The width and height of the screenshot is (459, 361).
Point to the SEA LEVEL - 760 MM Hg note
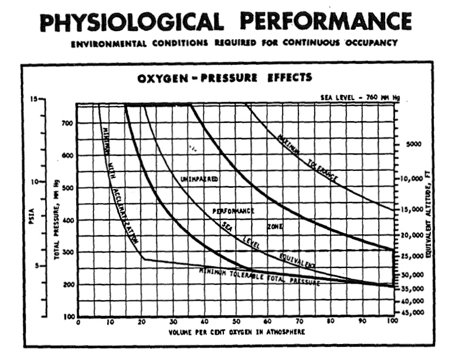[x=368, y=97]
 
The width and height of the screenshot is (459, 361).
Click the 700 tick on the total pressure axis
[x=67, y=124]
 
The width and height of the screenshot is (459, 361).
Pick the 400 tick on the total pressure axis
[x=67, y=221]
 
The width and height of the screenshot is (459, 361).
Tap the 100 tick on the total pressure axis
[x=68, y=317]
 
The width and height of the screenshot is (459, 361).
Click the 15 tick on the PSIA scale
[x=35, y=99]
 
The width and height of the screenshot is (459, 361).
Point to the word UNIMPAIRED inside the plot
[x=200, y=179]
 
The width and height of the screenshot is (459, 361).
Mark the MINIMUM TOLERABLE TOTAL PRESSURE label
[x=259, y=276]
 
